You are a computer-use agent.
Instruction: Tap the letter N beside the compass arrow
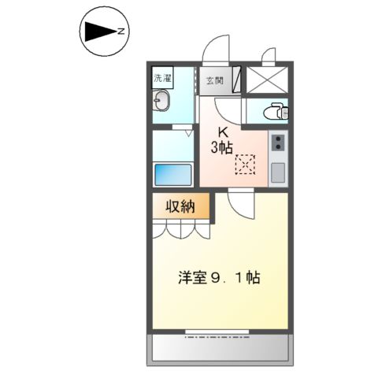coord(121,32)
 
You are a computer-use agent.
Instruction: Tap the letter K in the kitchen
coord(224,132)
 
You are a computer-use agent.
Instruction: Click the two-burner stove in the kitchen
coord(279,143)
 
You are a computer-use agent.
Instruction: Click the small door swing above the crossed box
coord(269,57)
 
